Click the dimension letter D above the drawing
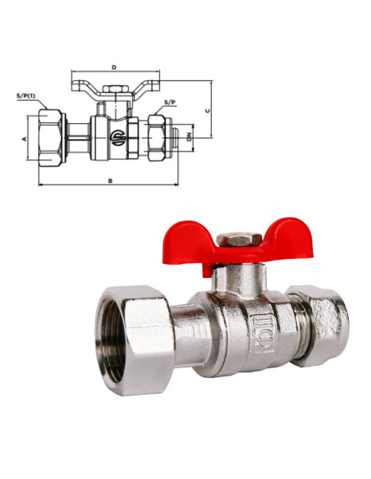[114, 67]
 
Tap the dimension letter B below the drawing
[110, 180]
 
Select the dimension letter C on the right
[208, 111]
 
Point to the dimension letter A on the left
[24, 139]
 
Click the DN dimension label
[189, 137]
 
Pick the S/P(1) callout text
[26, 96]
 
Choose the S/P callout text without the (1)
[170, 102]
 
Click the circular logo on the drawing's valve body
[117, 136]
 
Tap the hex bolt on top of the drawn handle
[115, 89]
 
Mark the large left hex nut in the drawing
[51, 138]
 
